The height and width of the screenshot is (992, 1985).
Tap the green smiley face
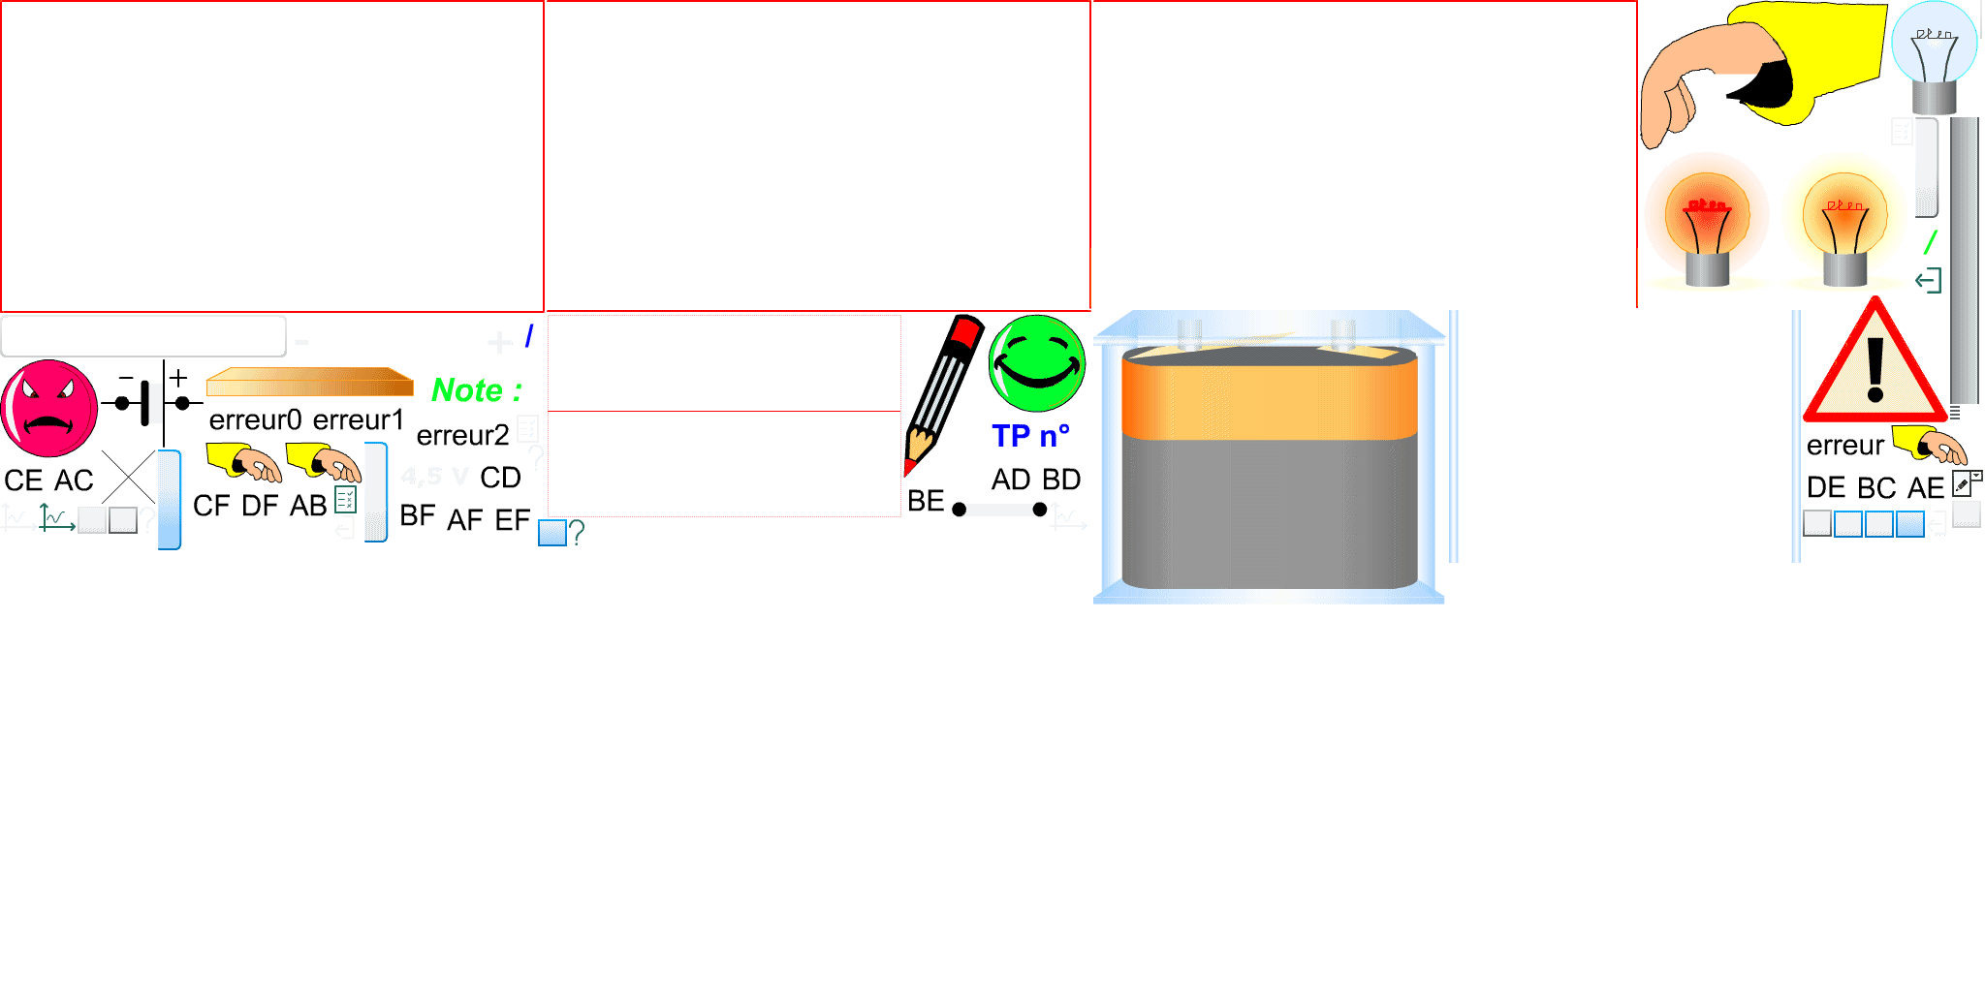[x=1036, y=363]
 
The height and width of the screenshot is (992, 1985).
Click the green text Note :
[x=476, y=390]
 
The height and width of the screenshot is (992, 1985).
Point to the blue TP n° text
[x=1030, y=436]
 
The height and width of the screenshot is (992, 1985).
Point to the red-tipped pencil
[x=935, y=397]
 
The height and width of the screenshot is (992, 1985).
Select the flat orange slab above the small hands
[x=309, y=383]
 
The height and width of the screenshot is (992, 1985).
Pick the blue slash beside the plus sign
[x=529, y=336]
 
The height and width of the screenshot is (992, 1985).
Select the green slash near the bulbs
[x=1930, y=242]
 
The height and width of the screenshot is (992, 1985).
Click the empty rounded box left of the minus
[x=143, y=336]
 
